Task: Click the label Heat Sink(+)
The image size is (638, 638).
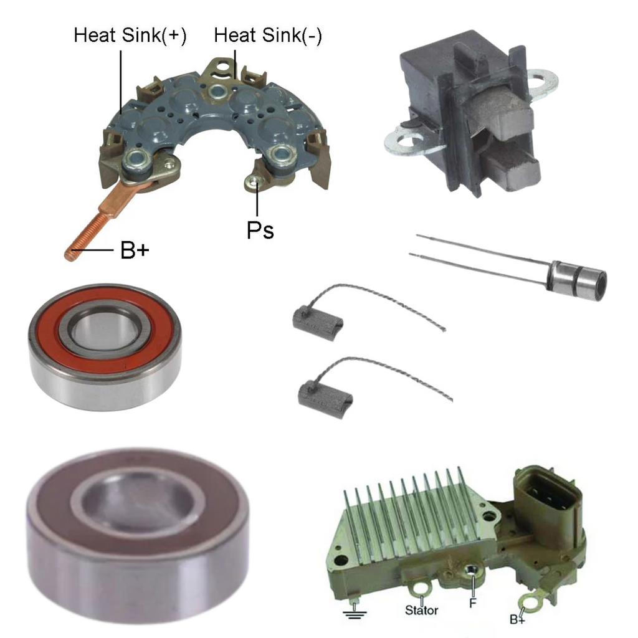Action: point(130,35)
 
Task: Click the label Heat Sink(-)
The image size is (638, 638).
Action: point(268,35)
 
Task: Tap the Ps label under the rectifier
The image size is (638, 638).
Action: point(260,231)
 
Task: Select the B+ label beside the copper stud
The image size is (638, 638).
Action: point(135,250)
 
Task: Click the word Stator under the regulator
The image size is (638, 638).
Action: point(422,610)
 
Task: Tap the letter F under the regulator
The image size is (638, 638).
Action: point(472,603)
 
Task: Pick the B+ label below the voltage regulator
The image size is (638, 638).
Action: point(517,619)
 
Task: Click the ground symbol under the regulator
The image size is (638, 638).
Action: point(354,612)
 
